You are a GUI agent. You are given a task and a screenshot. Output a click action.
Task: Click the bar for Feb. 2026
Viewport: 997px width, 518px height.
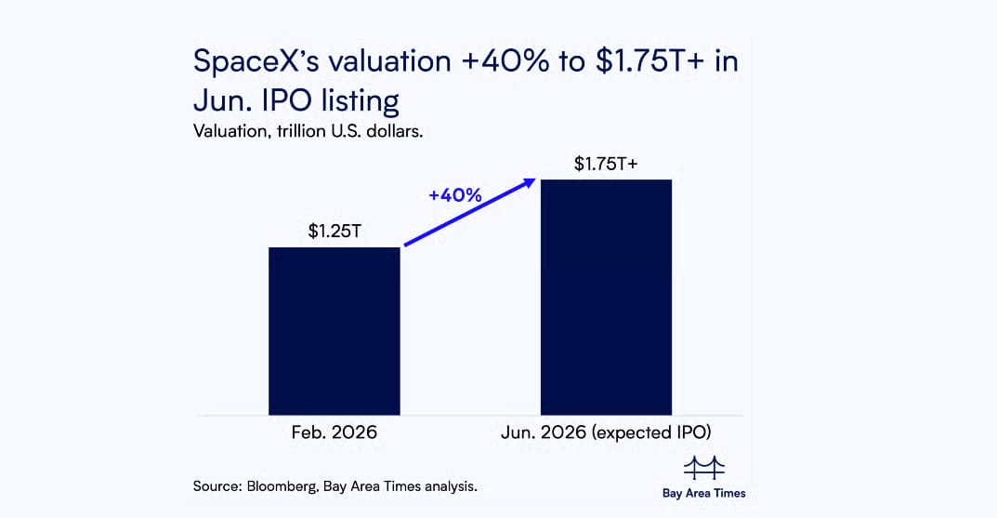pos(335,330)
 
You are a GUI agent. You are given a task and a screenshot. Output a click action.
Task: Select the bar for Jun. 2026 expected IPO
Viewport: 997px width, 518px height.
pos(606,297)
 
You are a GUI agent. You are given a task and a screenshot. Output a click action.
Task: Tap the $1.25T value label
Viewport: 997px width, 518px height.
pos(335,231)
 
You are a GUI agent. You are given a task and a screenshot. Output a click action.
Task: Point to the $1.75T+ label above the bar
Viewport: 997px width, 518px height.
pos(606,164)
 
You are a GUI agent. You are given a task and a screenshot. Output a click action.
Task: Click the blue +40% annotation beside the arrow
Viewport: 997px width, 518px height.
pos(454,195)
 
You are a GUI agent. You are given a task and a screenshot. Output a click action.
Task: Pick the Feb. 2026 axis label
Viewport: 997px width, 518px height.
pos(335,433)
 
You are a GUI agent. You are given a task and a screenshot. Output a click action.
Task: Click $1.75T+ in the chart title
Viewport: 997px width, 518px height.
pos(630,61)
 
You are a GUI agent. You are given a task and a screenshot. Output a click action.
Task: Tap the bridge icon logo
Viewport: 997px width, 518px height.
pos(703,468)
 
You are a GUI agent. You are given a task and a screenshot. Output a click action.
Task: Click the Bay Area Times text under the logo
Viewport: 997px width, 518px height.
pos(703,493)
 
